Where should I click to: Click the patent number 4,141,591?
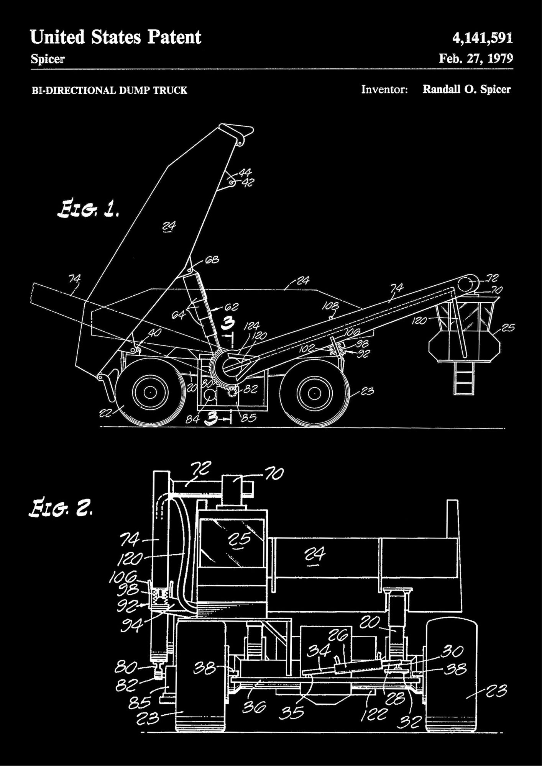point(482,38)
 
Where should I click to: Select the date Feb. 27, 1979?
point(475,58)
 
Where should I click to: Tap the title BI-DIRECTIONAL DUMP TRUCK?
point(109,90)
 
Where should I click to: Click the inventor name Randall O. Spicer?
point(466,90)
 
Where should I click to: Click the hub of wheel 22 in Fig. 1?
point(150,393)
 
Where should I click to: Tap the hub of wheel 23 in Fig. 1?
point(315,393)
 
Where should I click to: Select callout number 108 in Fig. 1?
point(330,306)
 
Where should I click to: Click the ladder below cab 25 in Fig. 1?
point(463,378)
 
